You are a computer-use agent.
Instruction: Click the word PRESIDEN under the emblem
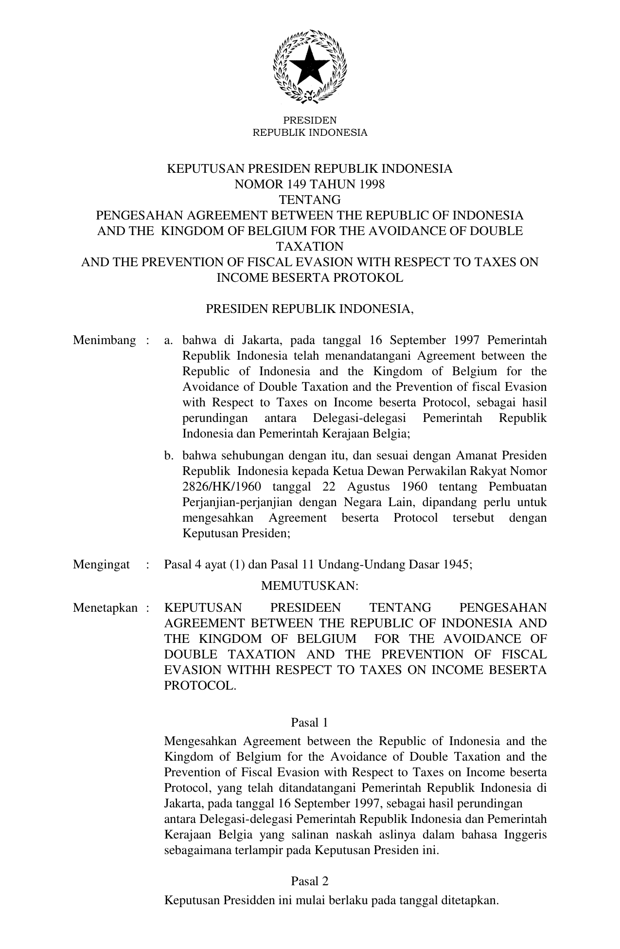310,120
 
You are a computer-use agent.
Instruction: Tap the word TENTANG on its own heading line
310,200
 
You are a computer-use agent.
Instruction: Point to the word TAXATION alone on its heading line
310,247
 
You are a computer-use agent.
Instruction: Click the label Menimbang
105,340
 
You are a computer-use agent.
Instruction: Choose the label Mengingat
102,565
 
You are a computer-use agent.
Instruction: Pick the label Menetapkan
106,608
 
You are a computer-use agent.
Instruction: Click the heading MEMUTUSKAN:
310,586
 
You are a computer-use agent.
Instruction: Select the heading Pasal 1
310,723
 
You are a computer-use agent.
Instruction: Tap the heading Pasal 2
310,881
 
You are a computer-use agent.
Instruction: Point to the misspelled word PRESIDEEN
305,608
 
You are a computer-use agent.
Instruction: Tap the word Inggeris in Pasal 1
525,835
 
